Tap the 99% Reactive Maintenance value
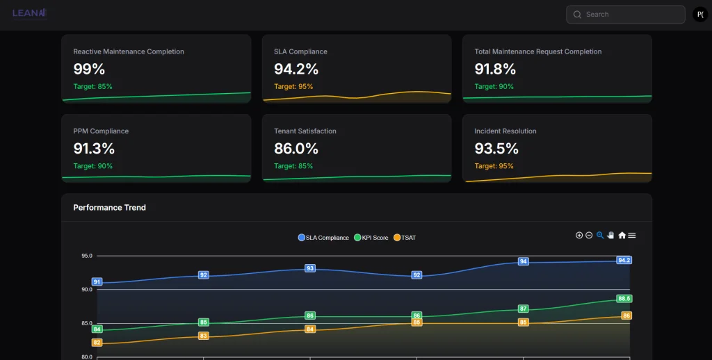point(89,69)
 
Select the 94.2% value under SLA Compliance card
point(296,69)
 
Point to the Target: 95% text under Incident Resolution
point(494,166)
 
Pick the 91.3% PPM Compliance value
point(94,148)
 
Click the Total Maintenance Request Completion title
point(537,51)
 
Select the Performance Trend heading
point(109,208)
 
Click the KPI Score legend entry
point(371,238)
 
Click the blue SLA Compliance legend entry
point(323,238)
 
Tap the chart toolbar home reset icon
point(622,236)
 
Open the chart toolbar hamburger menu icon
point(632,236)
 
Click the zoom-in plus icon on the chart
point(579,236)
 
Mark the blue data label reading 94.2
point(624,260)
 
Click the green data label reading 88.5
point(624,299)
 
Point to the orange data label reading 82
point(97,343)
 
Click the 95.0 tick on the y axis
point(86,256)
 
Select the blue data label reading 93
point(310,268)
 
